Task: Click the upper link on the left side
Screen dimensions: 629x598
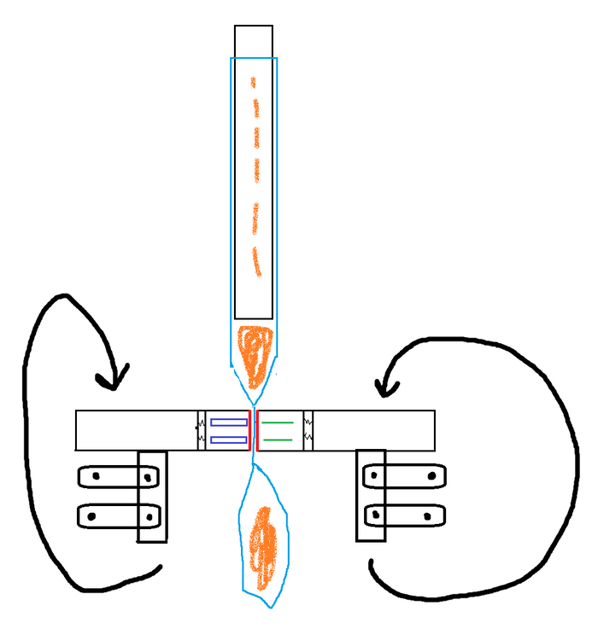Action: click(x=120, y=476)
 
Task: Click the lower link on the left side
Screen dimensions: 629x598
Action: click(x=120, y=515)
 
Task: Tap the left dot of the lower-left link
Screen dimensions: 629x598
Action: click(x=91, y=516)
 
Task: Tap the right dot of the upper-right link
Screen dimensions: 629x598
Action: click(x=433, y=475)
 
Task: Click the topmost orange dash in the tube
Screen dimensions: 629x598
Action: click(x=252, y=83)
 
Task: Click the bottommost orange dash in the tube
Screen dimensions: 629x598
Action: click(x=256, y=259)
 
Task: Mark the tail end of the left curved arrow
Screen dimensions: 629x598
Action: click(x=158, y=568)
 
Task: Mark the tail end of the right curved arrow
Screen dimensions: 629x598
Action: click(x=372, y=562)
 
